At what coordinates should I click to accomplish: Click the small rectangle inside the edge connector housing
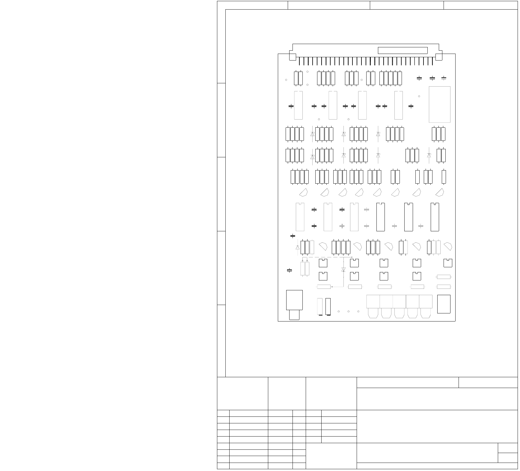[x=403, y=50]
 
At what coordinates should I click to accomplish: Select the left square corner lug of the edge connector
[x=292, y=57]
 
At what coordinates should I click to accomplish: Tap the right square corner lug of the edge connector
[x=439, y=57]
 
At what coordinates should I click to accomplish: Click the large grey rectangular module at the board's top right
[x=439, y=104]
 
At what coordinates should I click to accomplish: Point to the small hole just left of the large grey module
[x=419, y=96]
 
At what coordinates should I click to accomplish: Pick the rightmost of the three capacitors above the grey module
[x=444, y=78]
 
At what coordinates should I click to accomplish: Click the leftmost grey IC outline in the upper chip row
[x=298, y=105]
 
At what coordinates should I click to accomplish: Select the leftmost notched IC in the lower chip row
[x=300, y=217]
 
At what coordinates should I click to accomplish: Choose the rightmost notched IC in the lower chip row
[x=435, y=217]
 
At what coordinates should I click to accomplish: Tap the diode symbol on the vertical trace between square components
[x=343, y=270]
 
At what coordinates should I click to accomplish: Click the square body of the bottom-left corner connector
[x=294, y=300]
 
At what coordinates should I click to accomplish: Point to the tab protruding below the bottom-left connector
[x=294, y=315]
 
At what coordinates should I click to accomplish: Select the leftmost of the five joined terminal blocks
[x=373, y=301]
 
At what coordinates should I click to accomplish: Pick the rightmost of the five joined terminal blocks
[x=426, y=301]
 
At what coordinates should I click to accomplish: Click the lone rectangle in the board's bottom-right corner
[x=444, y=304]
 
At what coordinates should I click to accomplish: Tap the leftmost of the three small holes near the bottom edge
[x=339, y=311]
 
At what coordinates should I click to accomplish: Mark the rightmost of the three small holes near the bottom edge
[x=358, y=311]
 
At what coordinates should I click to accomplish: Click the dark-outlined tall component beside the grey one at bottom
[x=328, y=306]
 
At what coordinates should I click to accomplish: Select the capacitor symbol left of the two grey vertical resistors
[x=290, y=271]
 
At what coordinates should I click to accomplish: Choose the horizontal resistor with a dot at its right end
[x=324, y=287]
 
